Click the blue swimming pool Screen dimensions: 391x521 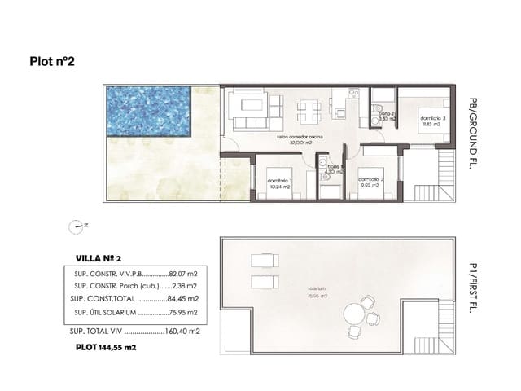147,112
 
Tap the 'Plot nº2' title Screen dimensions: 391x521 52,60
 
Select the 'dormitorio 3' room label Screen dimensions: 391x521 433,119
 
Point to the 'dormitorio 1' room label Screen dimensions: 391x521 279,182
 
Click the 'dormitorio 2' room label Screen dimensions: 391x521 371,181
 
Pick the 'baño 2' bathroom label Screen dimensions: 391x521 385,115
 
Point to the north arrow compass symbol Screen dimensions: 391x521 77,226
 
